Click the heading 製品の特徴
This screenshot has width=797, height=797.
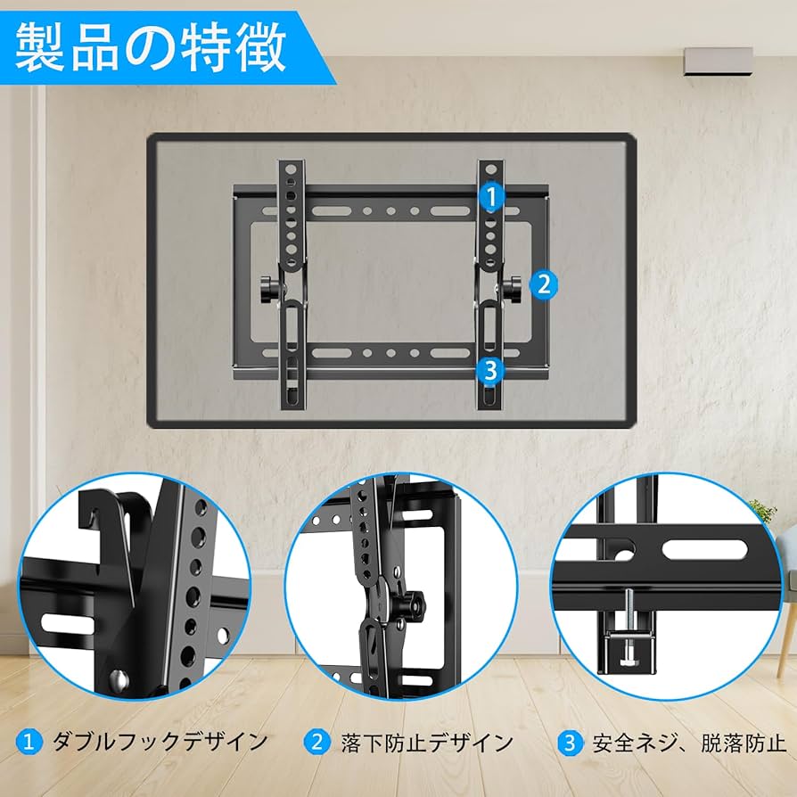pos(152,46)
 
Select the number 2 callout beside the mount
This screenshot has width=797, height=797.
pos(544,285)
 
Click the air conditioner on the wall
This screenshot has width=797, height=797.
pos(717,61)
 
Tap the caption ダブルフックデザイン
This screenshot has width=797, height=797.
pos(160,742)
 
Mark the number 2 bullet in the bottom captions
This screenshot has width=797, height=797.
pos(315,742)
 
